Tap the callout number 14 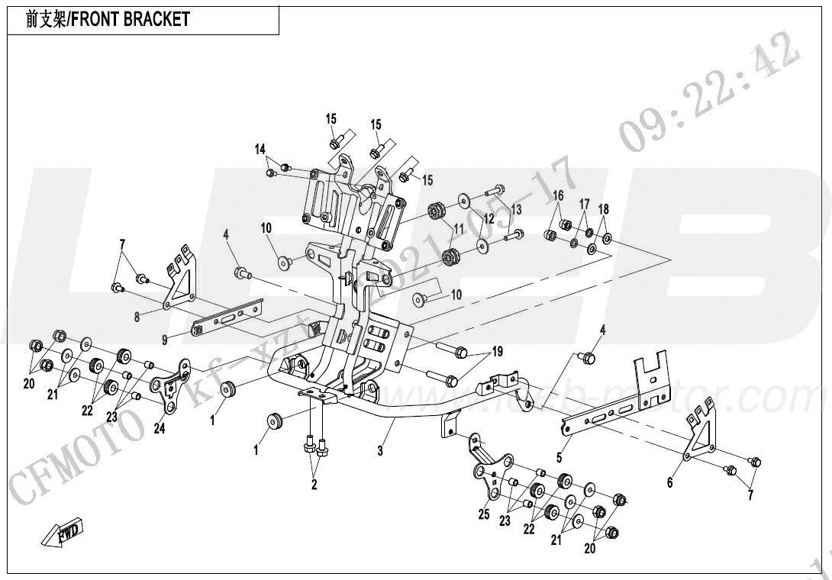pos(260,149)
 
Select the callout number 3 pos(379,451)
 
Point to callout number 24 pos(159,429)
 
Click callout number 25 pos(483,515)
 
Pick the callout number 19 pos(498,352)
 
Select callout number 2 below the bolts pos(314,484)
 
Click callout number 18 pos(604,210)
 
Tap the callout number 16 pos(558,196)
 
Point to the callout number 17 pos(584,205)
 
